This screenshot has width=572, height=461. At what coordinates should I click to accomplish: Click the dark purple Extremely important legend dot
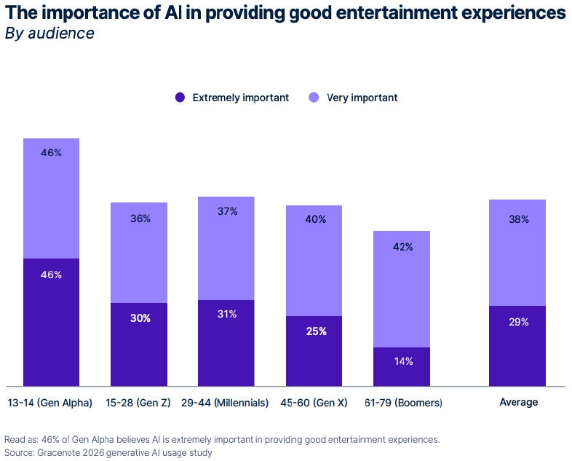pyautogui.click(x=180, y=98)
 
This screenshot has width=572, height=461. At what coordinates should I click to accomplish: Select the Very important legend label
pyautogui.click(x=362, y=98)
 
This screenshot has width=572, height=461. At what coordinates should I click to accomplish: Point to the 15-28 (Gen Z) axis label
pyautogui.click(x=138, y=402)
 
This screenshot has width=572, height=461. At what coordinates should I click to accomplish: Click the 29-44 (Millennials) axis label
pyautogui.click(x=226, y=402)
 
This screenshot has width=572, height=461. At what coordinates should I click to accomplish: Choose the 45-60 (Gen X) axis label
pyautogui.click(x=314, y=402)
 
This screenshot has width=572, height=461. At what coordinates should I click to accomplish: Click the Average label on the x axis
pyautogui.click(x=518, y=402)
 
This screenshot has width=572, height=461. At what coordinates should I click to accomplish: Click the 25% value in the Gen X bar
pyautogui.click(x=315, y=331)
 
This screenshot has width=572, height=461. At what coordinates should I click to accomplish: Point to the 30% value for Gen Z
pyautogui.click(x=139, y=318)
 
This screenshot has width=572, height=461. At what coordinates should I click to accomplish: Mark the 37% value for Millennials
pyautogui.click(x=226, y=211)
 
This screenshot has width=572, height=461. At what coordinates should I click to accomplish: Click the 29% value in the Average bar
pyautogui.click(x=518, y=322)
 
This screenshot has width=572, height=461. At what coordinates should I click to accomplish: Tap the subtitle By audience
pyautogui.click(x=49, y=34)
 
